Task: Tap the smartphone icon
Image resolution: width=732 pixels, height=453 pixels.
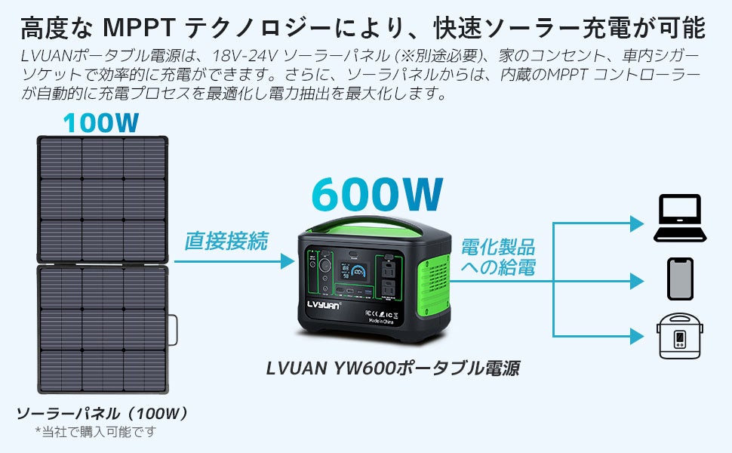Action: (679, 279)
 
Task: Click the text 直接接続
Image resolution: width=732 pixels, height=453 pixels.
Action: (226, 242)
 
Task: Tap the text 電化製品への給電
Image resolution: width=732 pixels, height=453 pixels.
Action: (497, 257)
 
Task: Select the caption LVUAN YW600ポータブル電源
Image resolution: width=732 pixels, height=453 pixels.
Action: (392, 368)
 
